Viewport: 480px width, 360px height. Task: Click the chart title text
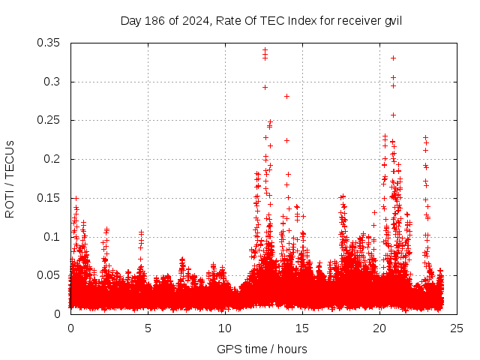click(261, 20)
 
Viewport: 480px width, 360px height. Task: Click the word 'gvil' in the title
click(393, 20)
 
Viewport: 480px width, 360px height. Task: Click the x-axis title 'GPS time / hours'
click(262, 349)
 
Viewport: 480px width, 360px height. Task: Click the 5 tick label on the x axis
click(148, 328)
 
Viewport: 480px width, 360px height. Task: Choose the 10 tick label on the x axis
click(225, 328)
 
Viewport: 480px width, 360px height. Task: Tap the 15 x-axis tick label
click(302, 328)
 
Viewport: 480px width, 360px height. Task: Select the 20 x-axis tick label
click(379, 328)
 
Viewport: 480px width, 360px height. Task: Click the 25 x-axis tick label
click(457, 328)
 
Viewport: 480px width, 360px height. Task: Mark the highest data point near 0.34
click(265, 50)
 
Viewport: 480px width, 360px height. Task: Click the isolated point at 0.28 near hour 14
click(286, 96)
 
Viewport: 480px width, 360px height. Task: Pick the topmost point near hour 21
click(393, 58)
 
